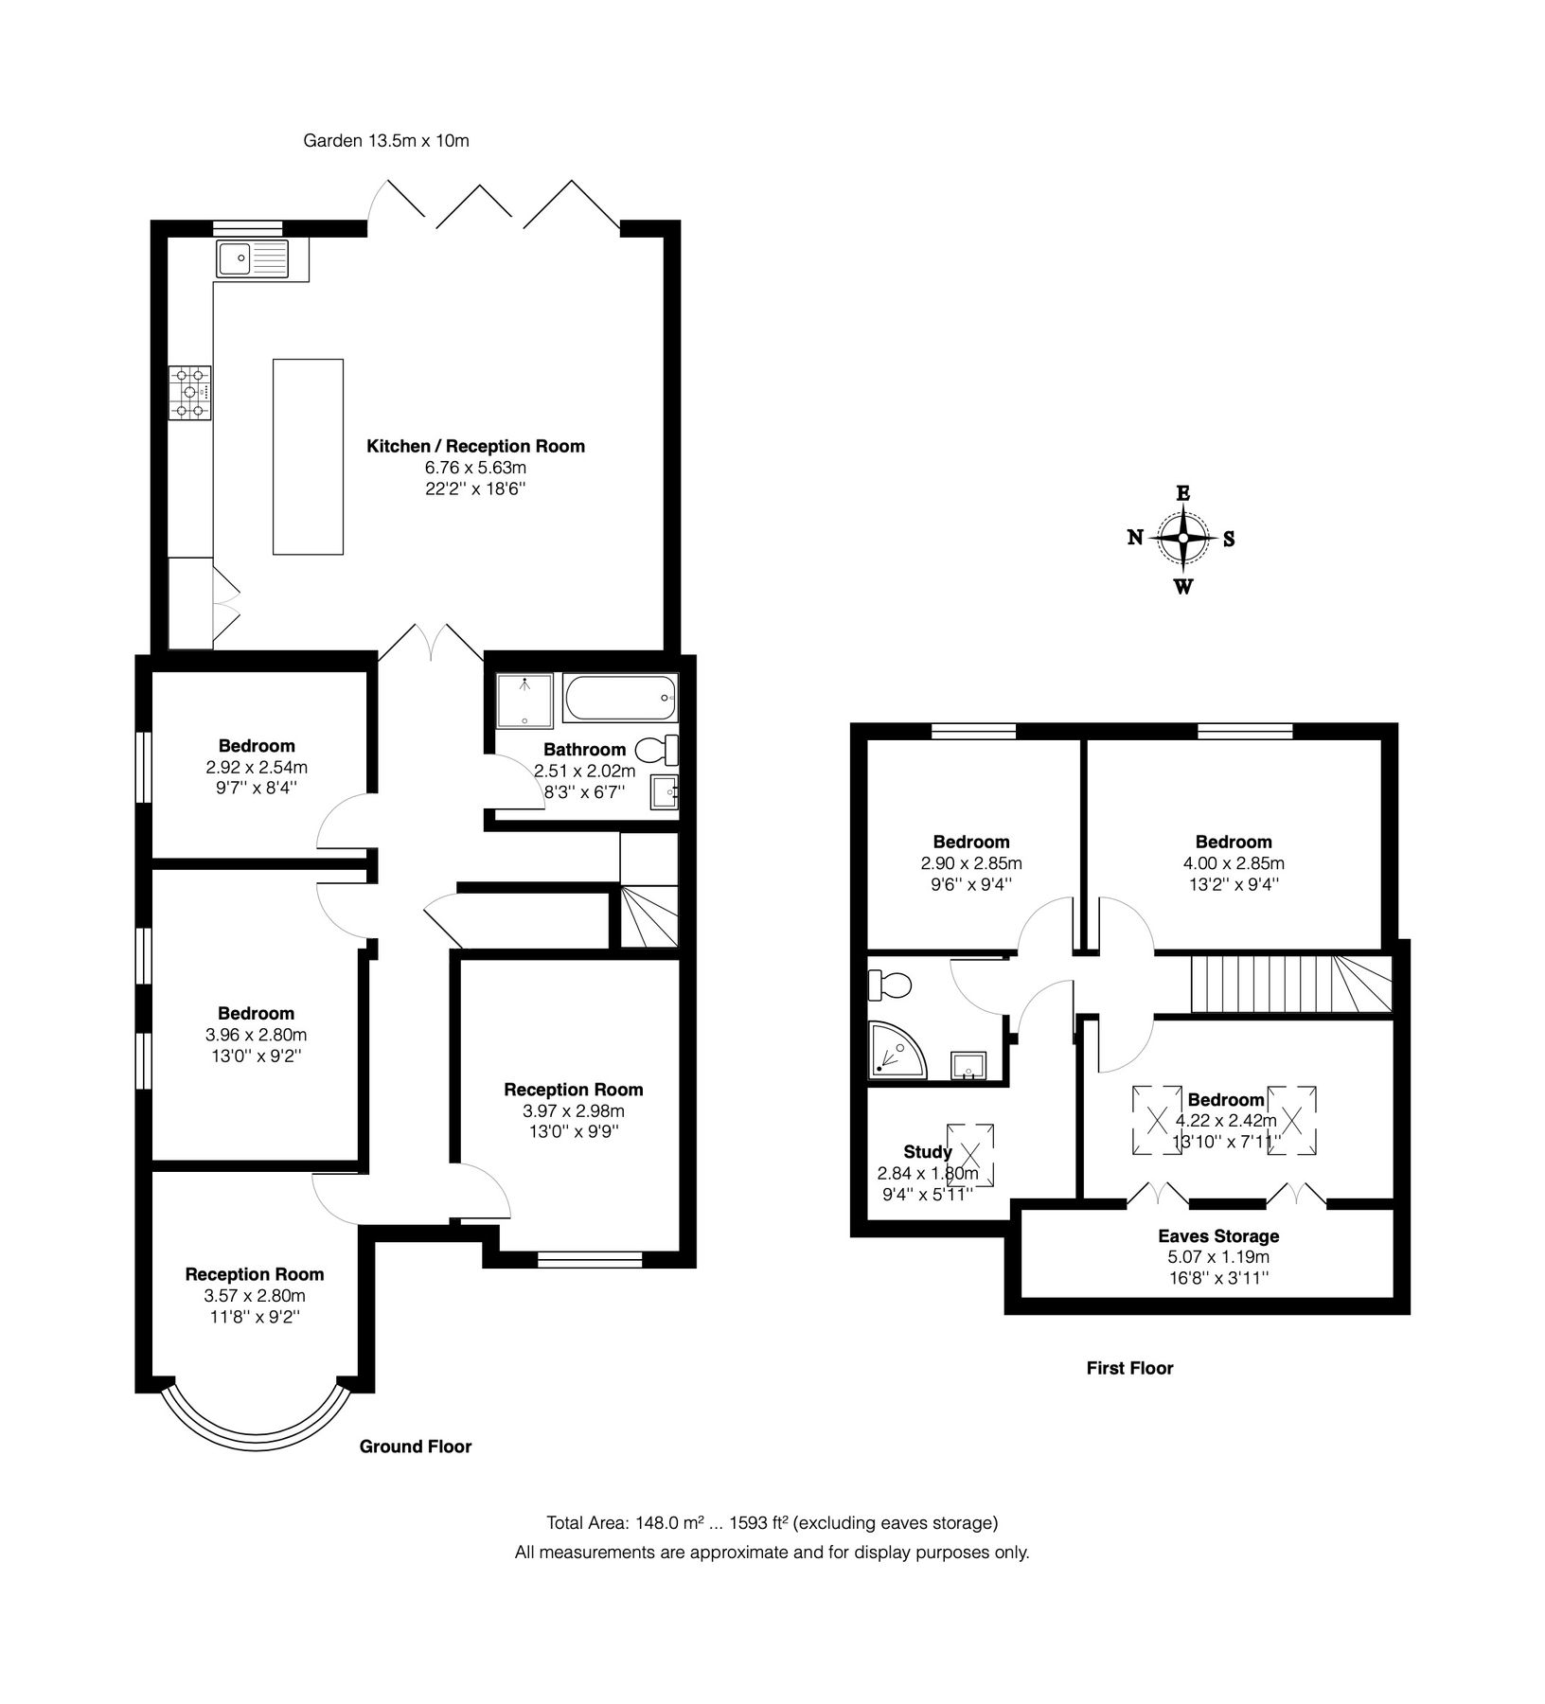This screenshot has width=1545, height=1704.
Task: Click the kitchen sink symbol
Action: [x=252, y=258]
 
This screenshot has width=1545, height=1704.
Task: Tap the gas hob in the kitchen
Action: [x=189, y=393]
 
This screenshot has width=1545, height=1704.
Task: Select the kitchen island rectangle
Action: [x=308, y=456]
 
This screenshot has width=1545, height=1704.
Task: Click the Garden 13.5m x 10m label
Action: [x=386, y=141]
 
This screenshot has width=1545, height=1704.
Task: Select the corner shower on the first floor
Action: [x=894, y=1051]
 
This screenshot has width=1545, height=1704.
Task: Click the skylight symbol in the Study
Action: [x=970, y=1154]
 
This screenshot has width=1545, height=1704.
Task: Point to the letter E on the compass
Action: [x=1182, y=492]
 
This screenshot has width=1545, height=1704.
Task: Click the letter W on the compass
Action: [x=1183, y=587]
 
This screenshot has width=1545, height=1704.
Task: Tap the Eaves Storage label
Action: [x=1218, y=1236]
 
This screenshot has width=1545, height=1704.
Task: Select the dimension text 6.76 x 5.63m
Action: [x=475, y=468]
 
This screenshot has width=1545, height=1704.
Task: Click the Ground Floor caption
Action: [x=416, y=1447]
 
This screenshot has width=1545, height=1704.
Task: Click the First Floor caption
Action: [x=1129, y=1368]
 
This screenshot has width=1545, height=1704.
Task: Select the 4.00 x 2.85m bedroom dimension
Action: [x=1234, y=863]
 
